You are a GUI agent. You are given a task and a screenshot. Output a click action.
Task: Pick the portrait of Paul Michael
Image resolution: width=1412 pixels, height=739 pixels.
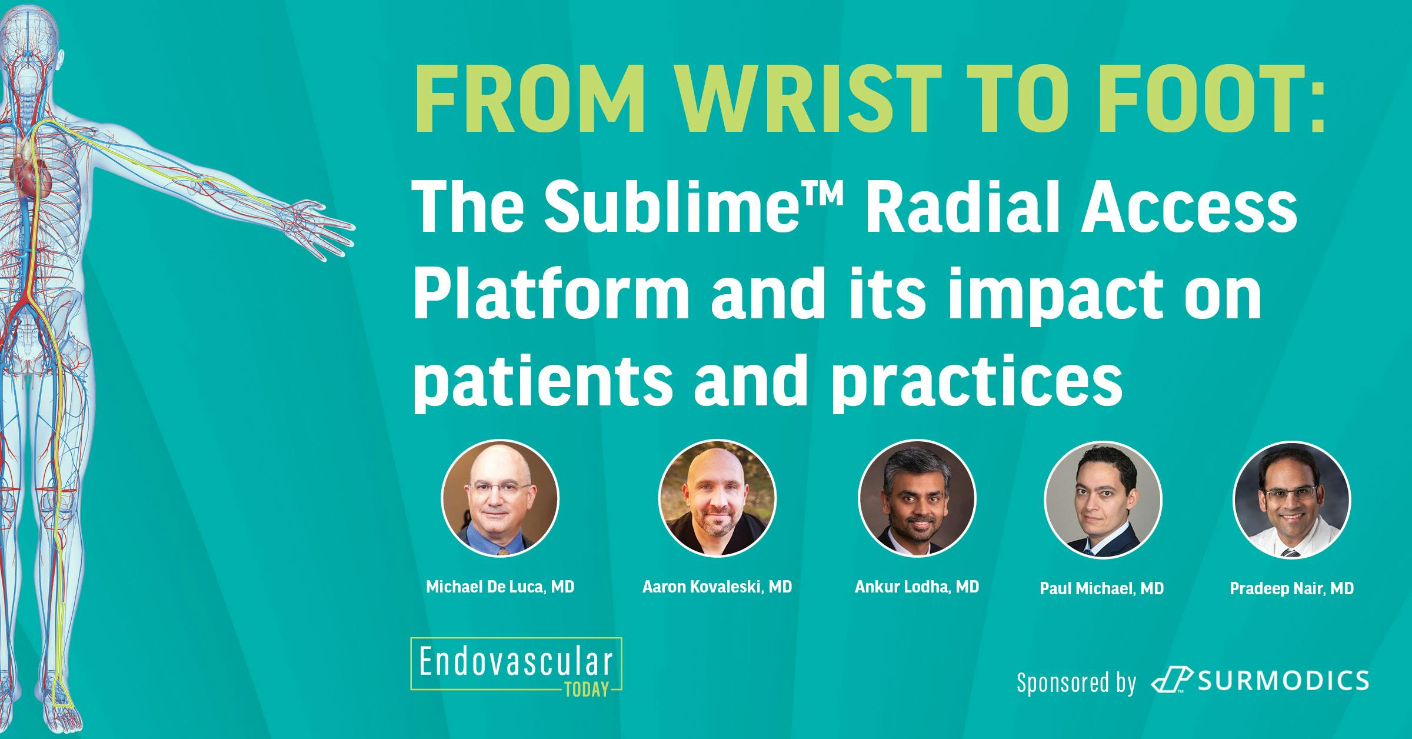click(x=1103, y=500)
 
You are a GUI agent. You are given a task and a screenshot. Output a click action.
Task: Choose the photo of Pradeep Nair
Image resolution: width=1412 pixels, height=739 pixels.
click(x=1291, y=500)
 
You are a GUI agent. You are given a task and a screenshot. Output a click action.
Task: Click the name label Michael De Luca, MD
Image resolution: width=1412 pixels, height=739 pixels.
click(x=499, y=587)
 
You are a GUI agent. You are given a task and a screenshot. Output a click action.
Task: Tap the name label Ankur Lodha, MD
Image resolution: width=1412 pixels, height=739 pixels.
click(x=917, y=587)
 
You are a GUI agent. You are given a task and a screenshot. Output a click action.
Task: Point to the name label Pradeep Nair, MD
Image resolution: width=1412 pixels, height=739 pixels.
click(x=1291, y=588)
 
